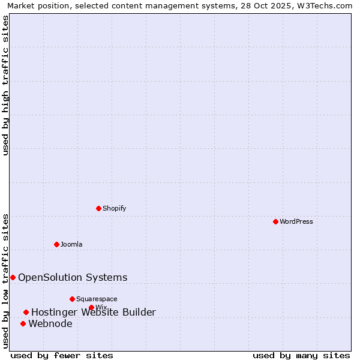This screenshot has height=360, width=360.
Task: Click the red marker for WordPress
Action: coord(275,221)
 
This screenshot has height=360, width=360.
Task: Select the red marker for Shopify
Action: coord(99,208)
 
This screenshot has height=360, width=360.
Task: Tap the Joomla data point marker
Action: coord(56,244)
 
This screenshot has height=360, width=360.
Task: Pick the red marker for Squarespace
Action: coord(72,299)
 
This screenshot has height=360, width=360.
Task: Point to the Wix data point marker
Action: coord(91,308)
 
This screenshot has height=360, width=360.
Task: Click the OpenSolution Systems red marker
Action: coord(13,277)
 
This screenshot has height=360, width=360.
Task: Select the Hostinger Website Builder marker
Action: coord(26,312)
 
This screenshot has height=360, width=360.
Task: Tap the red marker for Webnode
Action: coord(23,324)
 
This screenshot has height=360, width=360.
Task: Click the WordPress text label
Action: coord(296,221)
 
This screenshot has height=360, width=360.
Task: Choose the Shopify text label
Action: coord(114,208)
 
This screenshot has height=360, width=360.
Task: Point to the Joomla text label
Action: coord(71,244)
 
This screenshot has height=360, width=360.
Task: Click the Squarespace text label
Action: coord(97,299)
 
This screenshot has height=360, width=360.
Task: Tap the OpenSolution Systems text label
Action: coord(73,277)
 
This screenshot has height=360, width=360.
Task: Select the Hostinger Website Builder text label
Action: coord(94,312)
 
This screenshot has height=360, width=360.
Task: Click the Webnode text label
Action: coord(50,324)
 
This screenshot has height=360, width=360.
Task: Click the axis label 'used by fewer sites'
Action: coord(62,356)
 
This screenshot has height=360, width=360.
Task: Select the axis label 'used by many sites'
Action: coord(301,356)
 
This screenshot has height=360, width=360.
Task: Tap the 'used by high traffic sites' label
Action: coord(5,85)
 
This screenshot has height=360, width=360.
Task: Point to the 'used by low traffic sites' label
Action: coord(5,281)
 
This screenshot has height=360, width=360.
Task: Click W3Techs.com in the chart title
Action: coord(327,5)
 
